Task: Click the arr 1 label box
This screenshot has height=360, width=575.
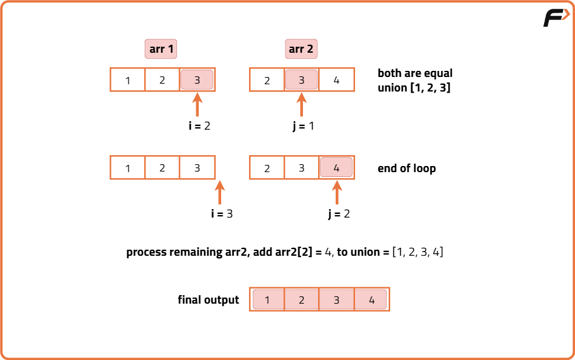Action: pos(161,49)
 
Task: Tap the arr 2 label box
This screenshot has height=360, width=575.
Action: pos(301,49)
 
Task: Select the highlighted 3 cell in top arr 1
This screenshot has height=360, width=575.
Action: pos(197,80)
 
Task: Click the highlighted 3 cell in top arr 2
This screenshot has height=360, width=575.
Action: pos(301,80)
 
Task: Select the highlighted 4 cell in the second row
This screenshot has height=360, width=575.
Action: pos(336,168)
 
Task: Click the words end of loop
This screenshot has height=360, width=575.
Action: pos(406,168)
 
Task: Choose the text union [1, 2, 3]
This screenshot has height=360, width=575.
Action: pos(414,88)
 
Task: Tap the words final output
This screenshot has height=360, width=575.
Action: pos(208,300)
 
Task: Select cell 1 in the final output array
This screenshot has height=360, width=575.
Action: pos(267,299)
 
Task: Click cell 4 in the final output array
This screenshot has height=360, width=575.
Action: pos(371,299)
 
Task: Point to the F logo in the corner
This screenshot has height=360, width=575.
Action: pos(556,18)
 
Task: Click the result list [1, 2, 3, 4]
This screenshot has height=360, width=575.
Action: pos(417,252)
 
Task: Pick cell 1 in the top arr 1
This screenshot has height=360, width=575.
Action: pos(128,80)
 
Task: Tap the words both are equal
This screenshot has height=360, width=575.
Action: pos(415,73)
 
